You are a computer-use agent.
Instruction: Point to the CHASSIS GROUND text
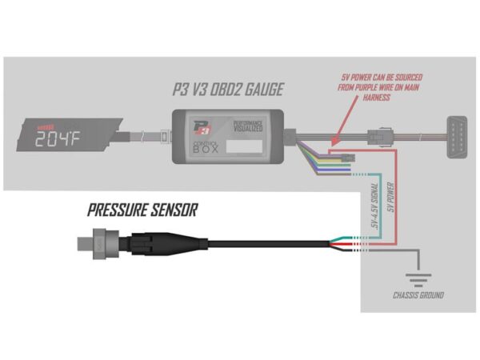[418, 295]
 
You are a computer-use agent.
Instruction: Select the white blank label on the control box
[244, 148]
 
